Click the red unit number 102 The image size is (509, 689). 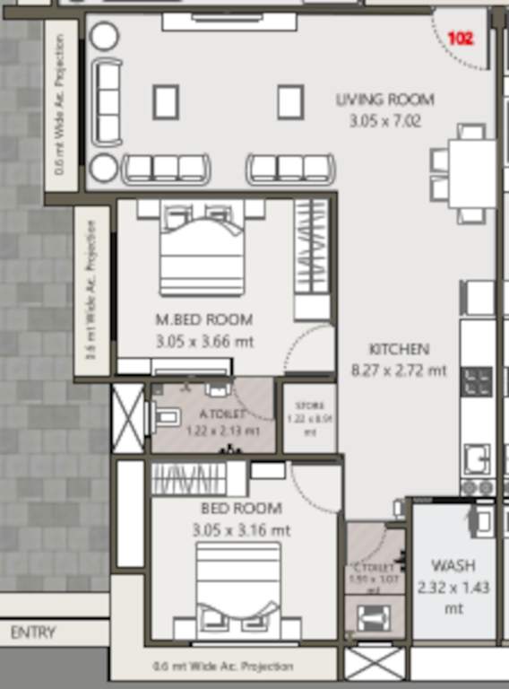click(460, 39)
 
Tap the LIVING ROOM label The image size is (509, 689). click(384, 100)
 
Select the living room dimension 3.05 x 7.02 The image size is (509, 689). click(384, 120)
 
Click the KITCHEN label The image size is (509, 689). click(399, 349)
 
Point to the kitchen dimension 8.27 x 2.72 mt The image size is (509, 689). click(399, 370)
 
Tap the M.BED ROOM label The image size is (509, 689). click(203, 319)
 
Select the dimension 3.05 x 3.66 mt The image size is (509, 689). click(203, 341)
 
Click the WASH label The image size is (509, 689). click(453, 566)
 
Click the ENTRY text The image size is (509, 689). click(33, 632)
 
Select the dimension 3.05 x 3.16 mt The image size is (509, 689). click(241, 530)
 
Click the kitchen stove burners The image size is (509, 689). click(476, 381)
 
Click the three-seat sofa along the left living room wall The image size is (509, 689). click(108, 101)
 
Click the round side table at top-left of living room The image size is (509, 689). click(105, 37)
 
